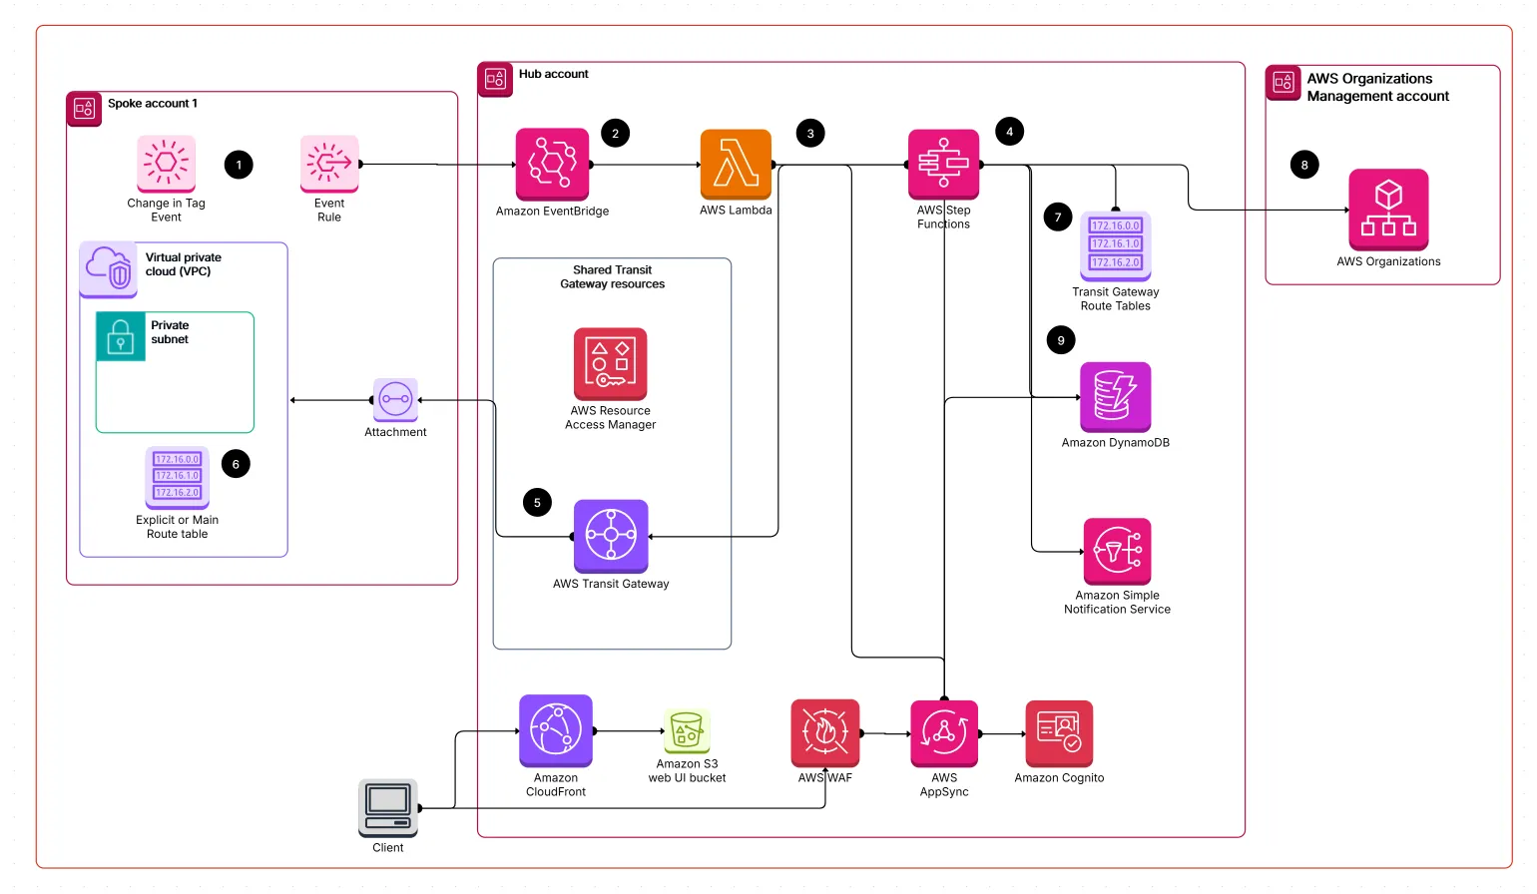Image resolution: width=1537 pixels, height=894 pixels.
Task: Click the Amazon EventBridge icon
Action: click(552, 164)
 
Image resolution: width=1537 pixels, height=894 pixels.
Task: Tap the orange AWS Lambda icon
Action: click(736, 164)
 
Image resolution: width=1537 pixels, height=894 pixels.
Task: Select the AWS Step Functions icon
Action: click(943, 164)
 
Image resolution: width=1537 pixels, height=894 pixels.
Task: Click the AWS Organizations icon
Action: click(1388, 209)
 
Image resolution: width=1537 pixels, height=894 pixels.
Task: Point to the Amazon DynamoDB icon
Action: click(1115, 396)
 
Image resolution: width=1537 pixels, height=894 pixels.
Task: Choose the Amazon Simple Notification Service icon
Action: click(1117, 551)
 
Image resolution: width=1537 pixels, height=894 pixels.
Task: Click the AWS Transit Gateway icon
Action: click(611, 536)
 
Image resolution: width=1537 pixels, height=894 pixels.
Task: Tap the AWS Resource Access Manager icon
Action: click(610, 364)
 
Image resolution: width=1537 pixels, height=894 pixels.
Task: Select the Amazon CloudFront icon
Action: click(556, 730)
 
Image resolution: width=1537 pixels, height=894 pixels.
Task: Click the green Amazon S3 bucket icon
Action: click(687, 731)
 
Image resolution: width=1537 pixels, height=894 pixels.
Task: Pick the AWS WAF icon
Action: click(824, 732)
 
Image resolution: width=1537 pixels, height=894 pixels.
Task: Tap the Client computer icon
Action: click(388, 807)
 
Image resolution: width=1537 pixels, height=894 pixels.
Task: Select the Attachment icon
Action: click(395, 400)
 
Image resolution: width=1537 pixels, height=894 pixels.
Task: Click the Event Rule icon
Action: click(329, 164)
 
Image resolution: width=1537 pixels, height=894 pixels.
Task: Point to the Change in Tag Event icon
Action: click(166, 164)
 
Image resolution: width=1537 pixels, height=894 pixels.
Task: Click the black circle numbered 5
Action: click(537, 503)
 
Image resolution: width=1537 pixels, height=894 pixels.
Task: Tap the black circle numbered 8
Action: click(1303, 165)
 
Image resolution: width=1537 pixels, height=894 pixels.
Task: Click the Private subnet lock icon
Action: click(121, 336)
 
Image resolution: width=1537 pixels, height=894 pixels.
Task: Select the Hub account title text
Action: click(553, 74)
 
